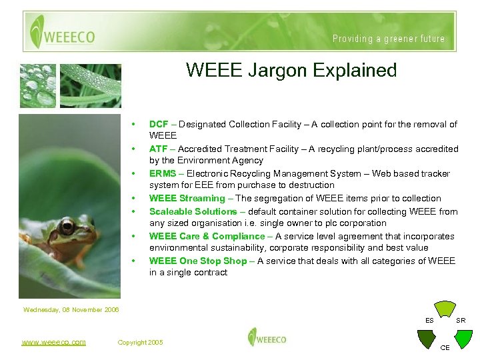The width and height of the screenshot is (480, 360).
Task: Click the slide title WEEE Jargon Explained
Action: coord(291,70)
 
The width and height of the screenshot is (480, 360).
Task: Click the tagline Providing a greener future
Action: coord(389,39)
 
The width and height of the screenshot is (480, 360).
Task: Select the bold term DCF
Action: coord(158,124)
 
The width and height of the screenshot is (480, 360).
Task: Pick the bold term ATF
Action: coord(158,149)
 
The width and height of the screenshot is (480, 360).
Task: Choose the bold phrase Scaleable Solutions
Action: coord(193,211)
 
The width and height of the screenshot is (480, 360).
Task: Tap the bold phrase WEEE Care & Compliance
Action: coord(207,236)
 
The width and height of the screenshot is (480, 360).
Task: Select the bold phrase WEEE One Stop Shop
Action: coord(198,261)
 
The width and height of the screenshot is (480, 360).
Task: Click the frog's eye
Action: coord(67,227)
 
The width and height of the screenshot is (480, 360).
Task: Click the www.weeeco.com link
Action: coord(53,342)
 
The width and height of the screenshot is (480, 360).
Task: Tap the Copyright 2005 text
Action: coord(140,342)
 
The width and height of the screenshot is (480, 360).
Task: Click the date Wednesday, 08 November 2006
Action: coord(71,309)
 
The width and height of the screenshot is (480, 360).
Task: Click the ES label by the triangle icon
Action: coord(430,321)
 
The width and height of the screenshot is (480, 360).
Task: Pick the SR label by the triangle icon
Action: coord(461,321)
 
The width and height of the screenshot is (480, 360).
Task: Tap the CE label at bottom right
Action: coord(445,347)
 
